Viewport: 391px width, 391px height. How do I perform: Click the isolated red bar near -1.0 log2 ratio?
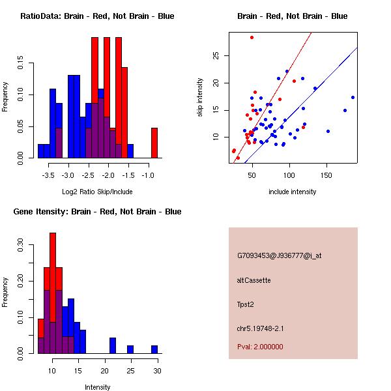(154, 143)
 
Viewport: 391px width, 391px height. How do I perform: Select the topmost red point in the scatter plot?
(252, 38)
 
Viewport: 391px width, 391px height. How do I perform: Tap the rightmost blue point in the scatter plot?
(353, 98)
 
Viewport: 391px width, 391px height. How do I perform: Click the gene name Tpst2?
(246, 304)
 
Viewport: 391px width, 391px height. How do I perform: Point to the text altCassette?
(254, 280)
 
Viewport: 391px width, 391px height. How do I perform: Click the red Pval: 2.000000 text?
(260, 347)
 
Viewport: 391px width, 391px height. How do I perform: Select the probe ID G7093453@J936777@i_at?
(280, 256)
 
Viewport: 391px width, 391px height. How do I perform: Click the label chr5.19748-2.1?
(260, 328)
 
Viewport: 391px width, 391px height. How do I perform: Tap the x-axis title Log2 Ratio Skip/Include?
(97, 192)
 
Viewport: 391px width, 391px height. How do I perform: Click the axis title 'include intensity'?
(292, 192)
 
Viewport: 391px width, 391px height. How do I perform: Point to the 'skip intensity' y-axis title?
(200, 98)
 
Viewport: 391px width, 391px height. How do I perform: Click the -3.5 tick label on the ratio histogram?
(48, 175)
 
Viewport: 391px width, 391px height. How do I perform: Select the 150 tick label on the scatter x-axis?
(326, 175)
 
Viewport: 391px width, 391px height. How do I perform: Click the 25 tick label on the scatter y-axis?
(216, 55)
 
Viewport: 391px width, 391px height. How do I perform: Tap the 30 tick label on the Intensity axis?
(157, 371)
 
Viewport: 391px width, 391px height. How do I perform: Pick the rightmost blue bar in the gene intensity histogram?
(154, 349)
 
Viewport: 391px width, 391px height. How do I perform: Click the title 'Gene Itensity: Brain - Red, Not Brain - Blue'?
(97, 212)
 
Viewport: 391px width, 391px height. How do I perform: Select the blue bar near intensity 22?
(113, 345)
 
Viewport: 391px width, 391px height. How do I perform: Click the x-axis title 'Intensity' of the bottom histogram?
(98, 387)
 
